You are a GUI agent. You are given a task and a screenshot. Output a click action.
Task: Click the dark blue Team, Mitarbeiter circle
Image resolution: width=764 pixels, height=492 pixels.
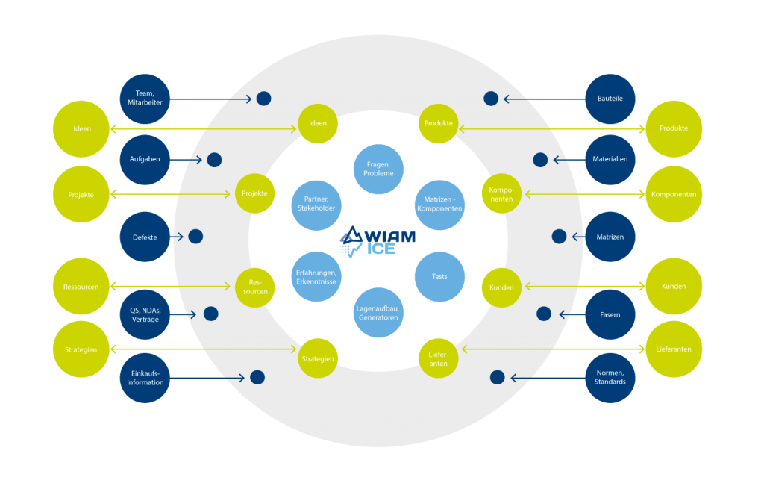(x=145, y=98)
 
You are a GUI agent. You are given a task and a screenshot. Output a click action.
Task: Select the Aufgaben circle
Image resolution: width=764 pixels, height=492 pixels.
(x=145, y=159)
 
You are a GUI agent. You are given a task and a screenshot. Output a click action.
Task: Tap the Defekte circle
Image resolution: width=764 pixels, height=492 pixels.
(x=145, y=237)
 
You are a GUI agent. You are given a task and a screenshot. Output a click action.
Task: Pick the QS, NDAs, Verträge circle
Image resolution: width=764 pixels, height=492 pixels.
(x=145, y=314)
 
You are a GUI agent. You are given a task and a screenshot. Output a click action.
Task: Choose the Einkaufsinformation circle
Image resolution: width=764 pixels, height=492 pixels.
(x=145, y=378)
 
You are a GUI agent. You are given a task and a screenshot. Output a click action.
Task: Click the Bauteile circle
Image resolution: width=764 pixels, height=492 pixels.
(x=610, y=98)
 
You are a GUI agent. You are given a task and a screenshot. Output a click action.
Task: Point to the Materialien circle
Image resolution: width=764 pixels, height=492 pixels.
(x=610, y=159)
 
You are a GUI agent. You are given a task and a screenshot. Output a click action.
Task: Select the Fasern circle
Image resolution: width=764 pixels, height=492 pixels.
(x=610, y=314)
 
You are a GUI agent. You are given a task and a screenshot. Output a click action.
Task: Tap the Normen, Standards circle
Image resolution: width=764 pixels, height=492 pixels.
(x=610, y=378)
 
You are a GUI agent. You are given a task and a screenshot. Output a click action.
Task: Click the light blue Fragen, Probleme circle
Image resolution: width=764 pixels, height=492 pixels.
(x=379, y=169)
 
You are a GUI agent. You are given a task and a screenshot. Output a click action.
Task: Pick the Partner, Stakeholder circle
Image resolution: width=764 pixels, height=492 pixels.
(x=316, y=204)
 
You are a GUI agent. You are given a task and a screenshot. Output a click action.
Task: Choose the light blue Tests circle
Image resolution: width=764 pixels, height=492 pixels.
(x=440, y=277)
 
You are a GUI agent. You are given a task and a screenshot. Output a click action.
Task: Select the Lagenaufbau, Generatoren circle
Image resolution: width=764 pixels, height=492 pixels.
(x=379, y=312)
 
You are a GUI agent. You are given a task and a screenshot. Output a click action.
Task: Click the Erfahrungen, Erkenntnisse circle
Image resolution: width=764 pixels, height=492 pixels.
(x=316, y=277)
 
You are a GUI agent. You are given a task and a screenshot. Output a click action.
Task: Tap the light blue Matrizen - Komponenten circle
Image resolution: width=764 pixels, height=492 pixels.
(x=440, y=204)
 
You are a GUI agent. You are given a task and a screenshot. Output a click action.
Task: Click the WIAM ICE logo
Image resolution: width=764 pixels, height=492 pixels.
(x=379, y=240)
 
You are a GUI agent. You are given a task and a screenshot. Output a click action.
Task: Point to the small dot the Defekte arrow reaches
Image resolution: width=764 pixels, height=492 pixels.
(x=195, y=237)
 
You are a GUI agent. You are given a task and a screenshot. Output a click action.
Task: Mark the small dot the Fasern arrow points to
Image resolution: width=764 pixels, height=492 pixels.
(x=544, y=314)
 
